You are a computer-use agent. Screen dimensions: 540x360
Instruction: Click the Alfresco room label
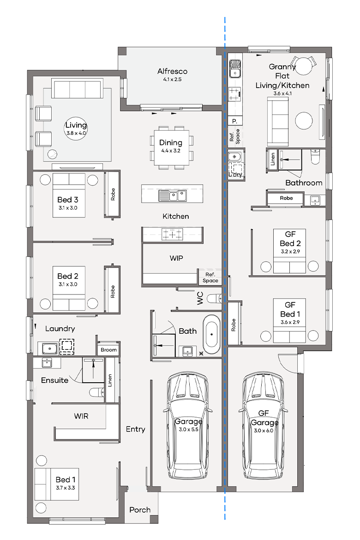(x=172, y=72)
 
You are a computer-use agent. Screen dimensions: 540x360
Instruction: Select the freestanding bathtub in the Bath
(x=212, y=335)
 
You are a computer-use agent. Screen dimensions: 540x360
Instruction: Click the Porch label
(x=140, y=510)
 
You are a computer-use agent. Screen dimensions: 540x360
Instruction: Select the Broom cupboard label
(x=109, y=350)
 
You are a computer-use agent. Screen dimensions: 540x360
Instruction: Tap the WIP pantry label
(x=176, y=258)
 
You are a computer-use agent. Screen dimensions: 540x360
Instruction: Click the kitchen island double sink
(x=173, y=196)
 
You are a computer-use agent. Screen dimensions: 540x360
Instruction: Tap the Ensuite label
(x=54, y=380)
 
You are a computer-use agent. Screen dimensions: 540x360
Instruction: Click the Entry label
(x=135, y=429)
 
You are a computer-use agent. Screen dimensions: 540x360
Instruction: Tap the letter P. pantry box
(x=234, y=121)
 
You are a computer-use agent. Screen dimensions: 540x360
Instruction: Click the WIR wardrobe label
(x=81, y=416)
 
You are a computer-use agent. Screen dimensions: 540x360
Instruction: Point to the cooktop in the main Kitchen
(x=172, y=234)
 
